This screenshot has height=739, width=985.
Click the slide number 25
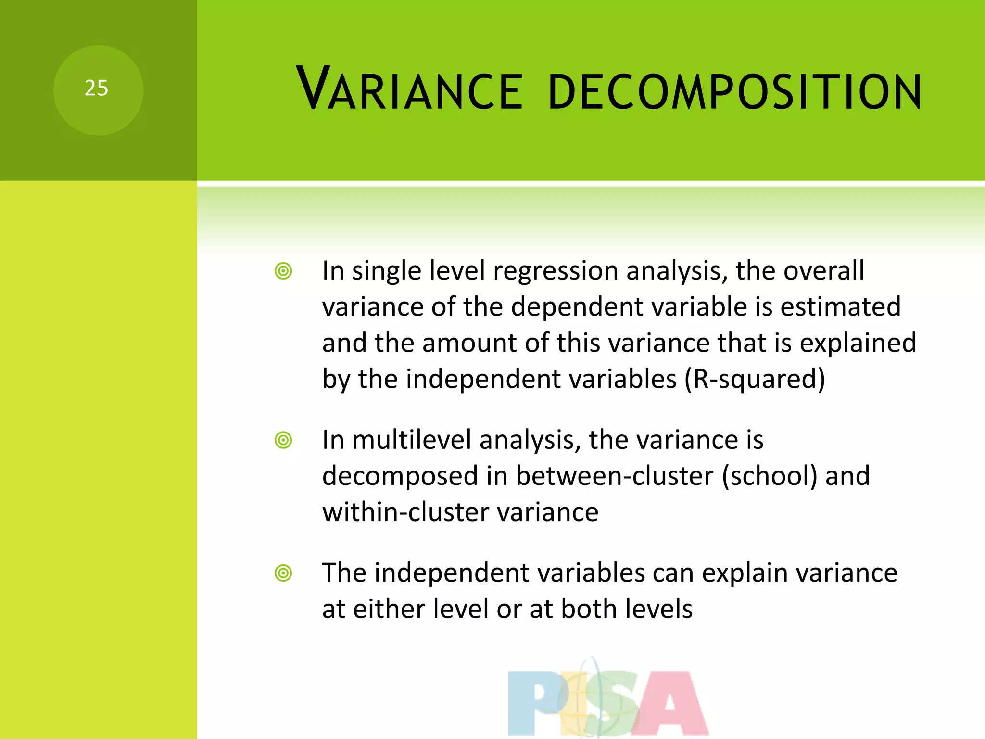(x=96, y=89)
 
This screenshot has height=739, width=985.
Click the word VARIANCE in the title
(x=409, y=89)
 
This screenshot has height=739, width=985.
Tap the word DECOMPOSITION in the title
(x=734, y=91)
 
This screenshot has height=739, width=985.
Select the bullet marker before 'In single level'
(x=283, y=271)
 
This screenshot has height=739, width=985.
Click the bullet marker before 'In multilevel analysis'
(x=283, y=440)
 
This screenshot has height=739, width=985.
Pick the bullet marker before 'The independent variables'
(x=283, y=573)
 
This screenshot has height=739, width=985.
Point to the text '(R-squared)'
(x=755, y=379)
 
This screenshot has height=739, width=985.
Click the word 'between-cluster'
(x=615, y=476)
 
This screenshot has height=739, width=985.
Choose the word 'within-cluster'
(x=406, y=512)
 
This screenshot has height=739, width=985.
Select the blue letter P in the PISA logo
(x=534, y=702)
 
